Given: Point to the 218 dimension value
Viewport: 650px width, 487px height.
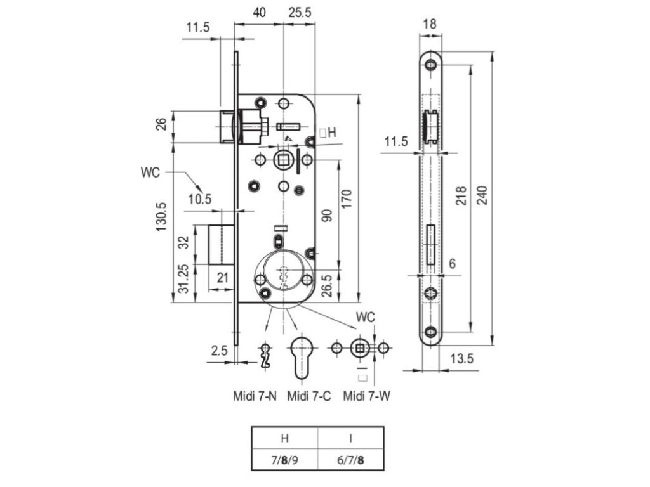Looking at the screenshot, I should tap(461, 199).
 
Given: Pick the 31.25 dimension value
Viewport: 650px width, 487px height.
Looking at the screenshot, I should tap(183, 280).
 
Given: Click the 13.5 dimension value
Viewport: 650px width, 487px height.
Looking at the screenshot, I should tap(461, 359).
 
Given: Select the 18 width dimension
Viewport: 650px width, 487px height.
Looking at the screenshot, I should tap(429, 24).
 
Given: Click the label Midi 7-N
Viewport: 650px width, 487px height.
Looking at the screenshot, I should tap(255, 397).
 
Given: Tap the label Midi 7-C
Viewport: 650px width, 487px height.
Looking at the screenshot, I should tap(308, 397).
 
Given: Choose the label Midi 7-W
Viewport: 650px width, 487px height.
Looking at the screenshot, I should tap(366, 397).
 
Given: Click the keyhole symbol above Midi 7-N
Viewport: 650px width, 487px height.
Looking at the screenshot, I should tap(267, 356).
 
